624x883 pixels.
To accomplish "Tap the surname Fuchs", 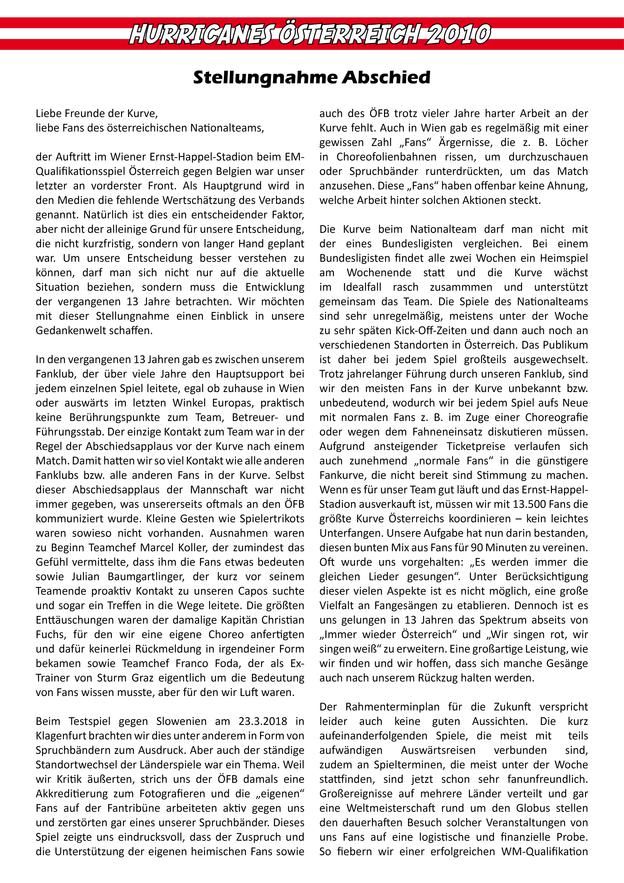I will [x=50, y=635].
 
